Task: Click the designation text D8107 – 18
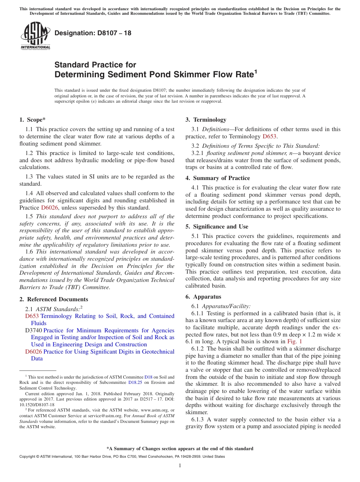click(93, 33)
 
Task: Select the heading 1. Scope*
click(33, 120)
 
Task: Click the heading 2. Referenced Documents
click(53, 299)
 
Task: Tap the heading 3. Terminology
click(206, 120)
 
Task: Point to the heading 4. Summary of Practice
click(218, 178)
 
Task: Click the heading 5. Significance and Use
click(217, 227)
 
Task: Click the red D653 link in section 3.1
click(269, 136)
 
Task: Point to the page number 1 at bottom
click(180, 466)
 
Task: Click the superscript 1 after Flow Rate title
click(255, 71)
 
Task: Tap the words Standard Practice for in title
click(95, 65)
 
